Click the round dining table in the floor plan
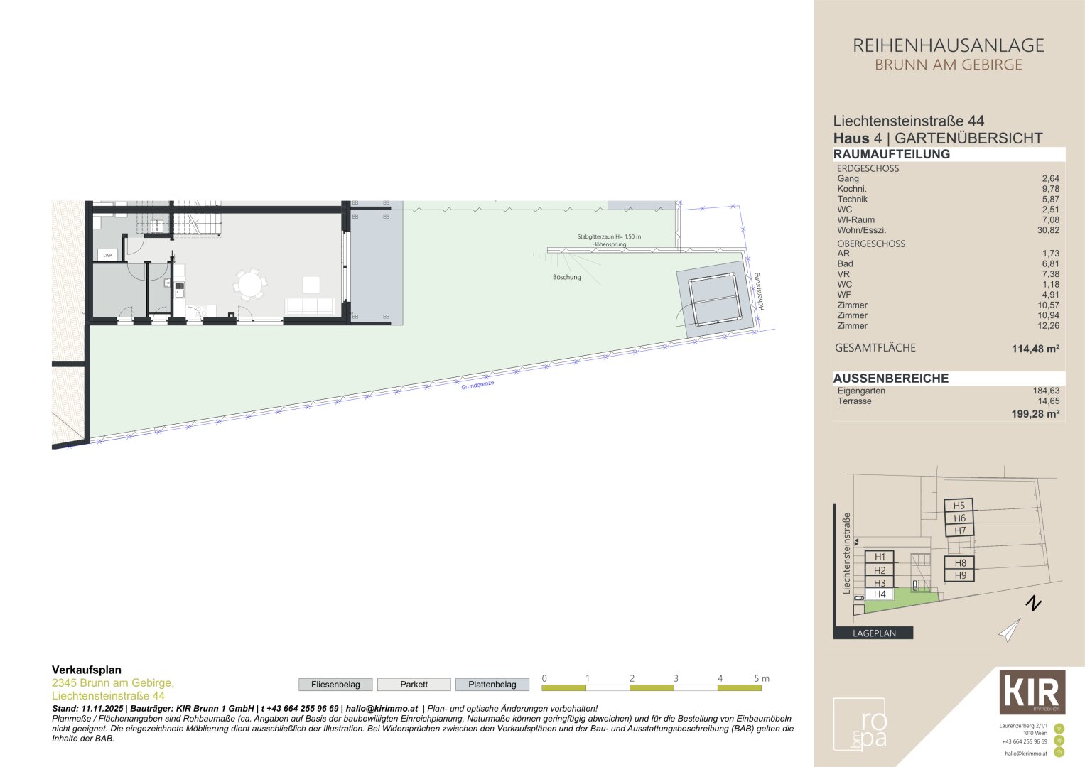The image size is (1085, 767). pos(250,284)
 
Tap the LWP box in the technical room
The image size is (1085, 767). pos(107,255)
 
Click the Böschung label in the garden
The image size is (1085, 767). pos(566,277)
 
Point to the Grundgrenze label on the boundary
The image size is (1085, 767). pos(477,385)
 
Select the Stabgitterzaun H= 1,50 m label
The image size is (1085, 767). pos(609,236)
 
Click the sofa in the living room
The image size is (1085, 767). pos(309,307)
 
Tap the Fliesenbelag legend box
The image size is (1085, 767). pos(335,685)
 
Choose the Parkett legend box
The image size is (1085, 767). pos(414,685)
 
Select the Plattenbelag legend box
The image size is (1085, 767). pos(492,685)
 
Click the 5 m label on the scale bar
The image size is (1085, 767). pos(761,678)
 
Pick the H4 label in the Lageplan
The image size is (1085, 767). pos(880,594)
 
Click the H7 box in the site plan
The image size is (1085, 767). pos(959,531)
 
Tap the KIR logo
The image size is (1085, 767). pos(1032,692)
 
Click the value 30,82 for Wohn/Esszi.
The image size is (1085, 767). pos(1047,230)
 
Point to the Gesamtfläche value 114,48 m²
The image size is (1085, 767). pos(1035,349)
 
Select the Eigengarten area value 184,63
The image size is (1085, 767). pos(1046,391)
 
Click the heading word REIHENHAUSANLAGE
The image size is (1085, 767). pos(948,46)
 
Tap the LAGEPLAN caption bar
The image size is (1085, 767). pos(873,633)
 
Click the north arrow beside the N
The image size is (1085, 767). pos(1010,630)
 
